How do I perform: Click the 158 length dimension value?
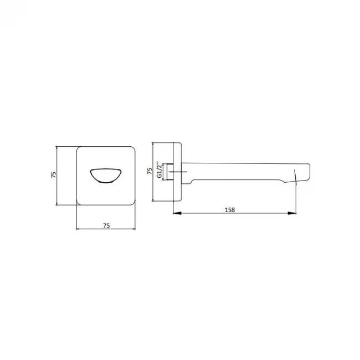coord(230,209)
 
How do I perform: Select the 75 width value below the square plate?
coord(106,225)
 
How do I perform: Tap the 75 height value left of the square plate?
coord(53,174)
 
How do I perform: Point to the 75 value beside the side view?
coord(150,171)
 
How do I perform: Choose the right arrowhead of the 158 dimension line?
coord(292,213)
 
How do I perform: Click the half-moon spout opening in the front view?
coord(106,176)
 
